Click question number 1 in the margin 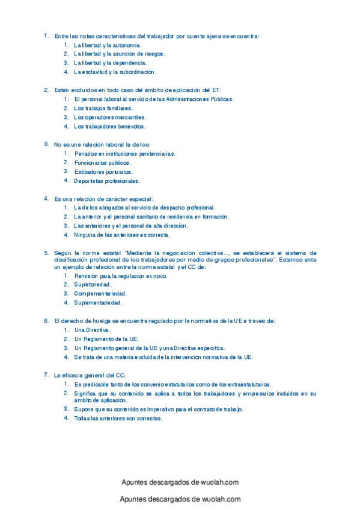click(x=46, y=35)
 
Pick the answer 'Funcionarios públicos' click(x=102, y=163)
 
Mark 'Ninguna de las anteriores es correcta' click(x=122, y=235)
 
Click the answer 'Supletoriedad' click(x=93, y=284)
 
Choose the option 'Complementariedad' click(x=99, y=293)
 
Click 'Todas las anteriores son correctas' click(x=118, y=419)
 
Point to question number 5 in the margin click(x=46, y=253)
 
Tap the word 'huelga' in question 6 click(x=106, y=321)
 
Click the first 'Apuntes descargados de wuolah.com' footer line click(x=180, y=482)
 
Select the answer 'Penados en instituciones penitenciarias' click(x=124, y=154)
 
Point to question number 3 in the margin click(x=46, y=144)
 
